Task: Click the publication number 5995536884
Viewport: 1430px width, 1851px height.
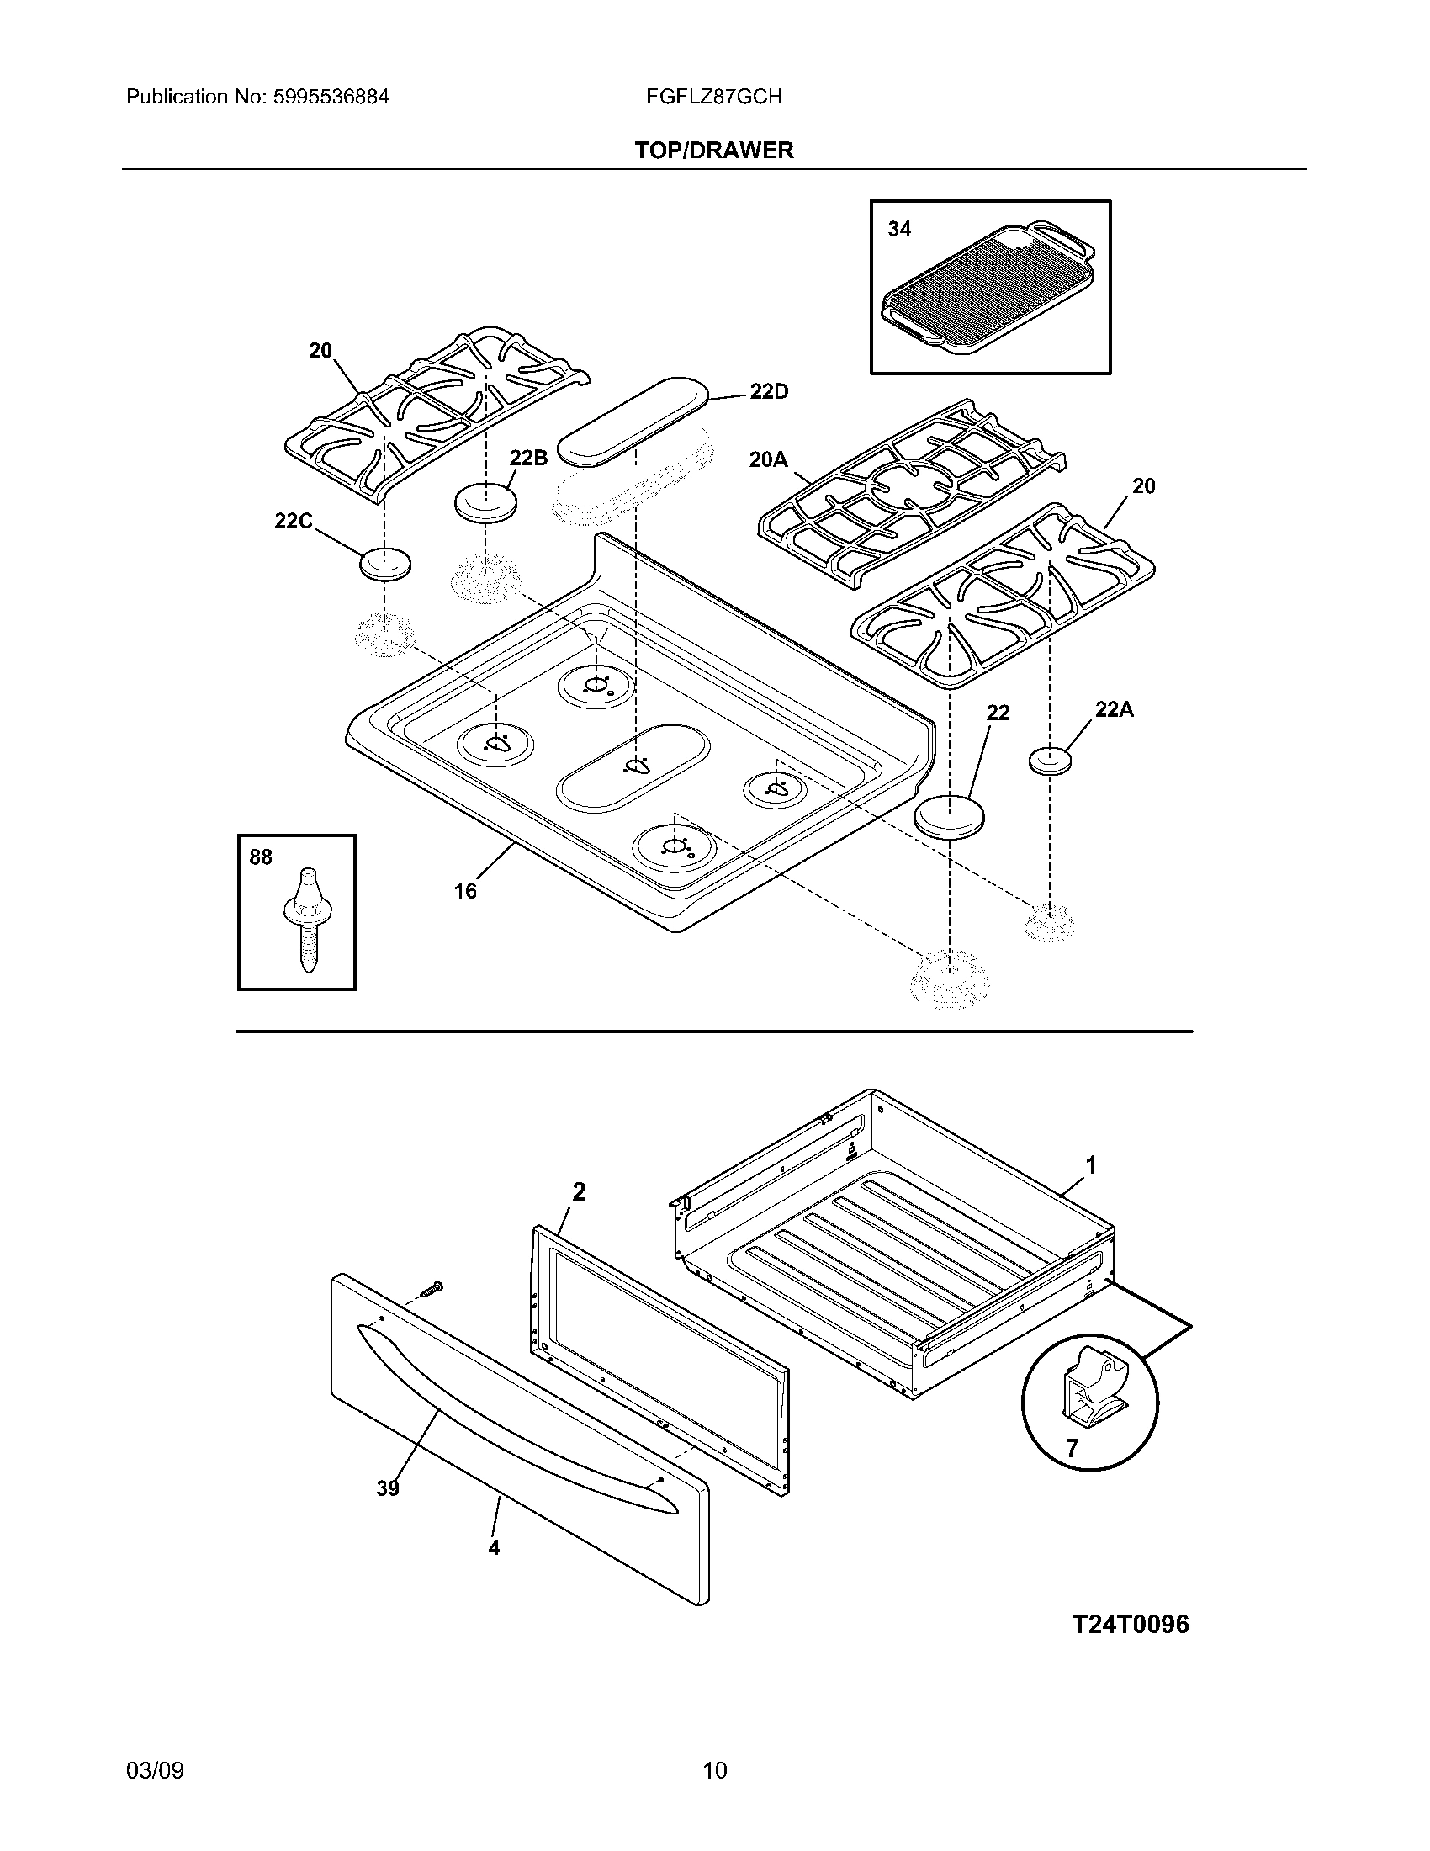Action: coord(330,97)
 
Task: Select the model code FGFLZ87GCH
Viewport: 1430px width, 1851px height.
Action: coord(713,97)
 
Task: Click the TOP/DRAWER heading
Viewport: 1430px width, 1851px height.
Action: coord(714,151)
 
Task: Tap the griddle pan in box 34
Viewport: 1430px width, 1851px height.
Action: coord(988,290)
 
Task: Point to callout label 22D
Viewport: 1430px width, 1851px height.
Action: coord(768,391)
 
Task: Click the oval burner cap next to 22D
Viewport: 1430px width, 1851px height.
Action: coord(635,422)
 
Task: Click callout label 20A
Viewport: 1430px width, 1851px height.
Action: coord(767,460)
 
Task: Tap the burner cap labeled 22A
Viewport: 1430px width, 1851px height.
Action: coord(1050,761)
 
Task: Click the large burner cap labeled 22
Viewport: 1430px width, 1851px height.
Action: coord(951,817)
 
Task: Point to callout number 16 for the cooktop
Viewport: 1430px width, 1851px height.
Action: coord(465,891)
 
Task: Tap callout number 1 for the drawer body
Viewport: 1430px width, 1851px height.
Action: coord(1091,1166)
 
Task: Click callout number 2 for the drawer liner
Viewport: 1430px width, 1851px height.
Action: coord(579,1192)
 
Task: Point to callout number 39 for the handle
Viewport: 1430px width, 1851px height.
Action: coord(388,1488)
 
